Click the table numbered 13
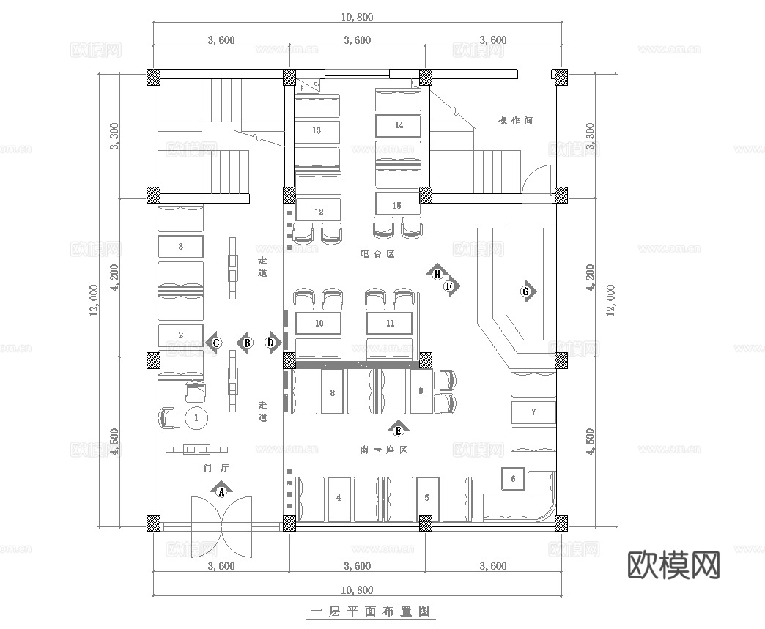(x=317, y=131)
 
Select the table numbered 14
(x=399, y=125)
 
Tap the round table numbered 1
(x=196, y=418)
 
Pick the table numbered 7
(x=533, y=412)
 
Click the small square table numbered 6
(x=513, y=479)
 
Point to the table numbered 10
(x=318, y=322)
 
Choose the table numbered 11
(x=390, y=322)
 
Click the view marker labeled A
(x=221, y=491)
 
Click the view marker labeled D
(x=270, y=342)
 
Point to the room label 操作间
(x=514, y=121)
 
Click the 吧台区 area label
(x=378, y=254)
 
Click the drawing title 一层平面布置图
(x=369, y=610)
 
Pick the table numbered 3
(x=180, y=247)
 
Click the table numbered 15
(x=396, y=206)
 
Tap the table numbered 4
(x=338, y=498)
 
